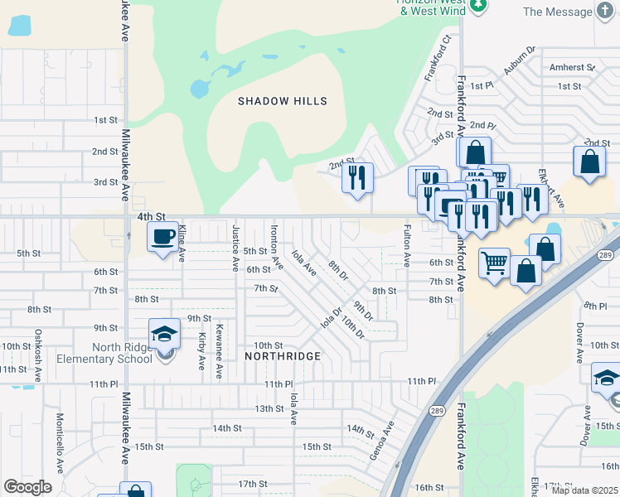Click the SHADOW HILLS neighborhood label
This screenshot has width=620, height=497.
pyautogui.click(x=283, y=101)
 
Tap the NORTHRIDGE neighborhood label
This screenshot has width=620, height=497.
pyautogui.click(x=283, y=355)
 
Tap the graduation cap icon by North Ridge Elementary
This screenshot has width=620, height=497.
pyautogui.click(x=164, y=335)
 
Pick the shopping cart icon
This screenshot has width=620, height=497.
pyautogui.click(x=494, y=264)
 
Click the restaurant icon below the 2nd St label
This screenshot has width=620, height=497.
pyautogui.click(x=357, y=177)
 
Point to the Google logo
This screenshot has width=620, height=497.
pyautogui.click(x=27, y=486)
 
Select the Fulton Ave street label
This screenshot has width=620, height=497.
pyautogui.click(x=407, y=245)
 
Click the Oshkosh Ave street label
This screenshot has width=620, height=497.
pyautogui.click(x=38, y=356)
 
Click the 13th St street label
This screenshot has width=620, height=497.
pyautogui.click(x=269, y=408)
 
